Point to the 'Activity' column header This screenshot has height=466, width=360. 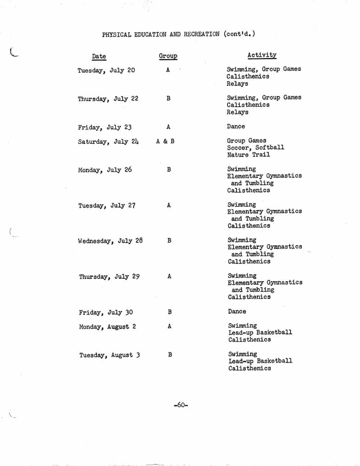pyautogui.click(x=251, y=55)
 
